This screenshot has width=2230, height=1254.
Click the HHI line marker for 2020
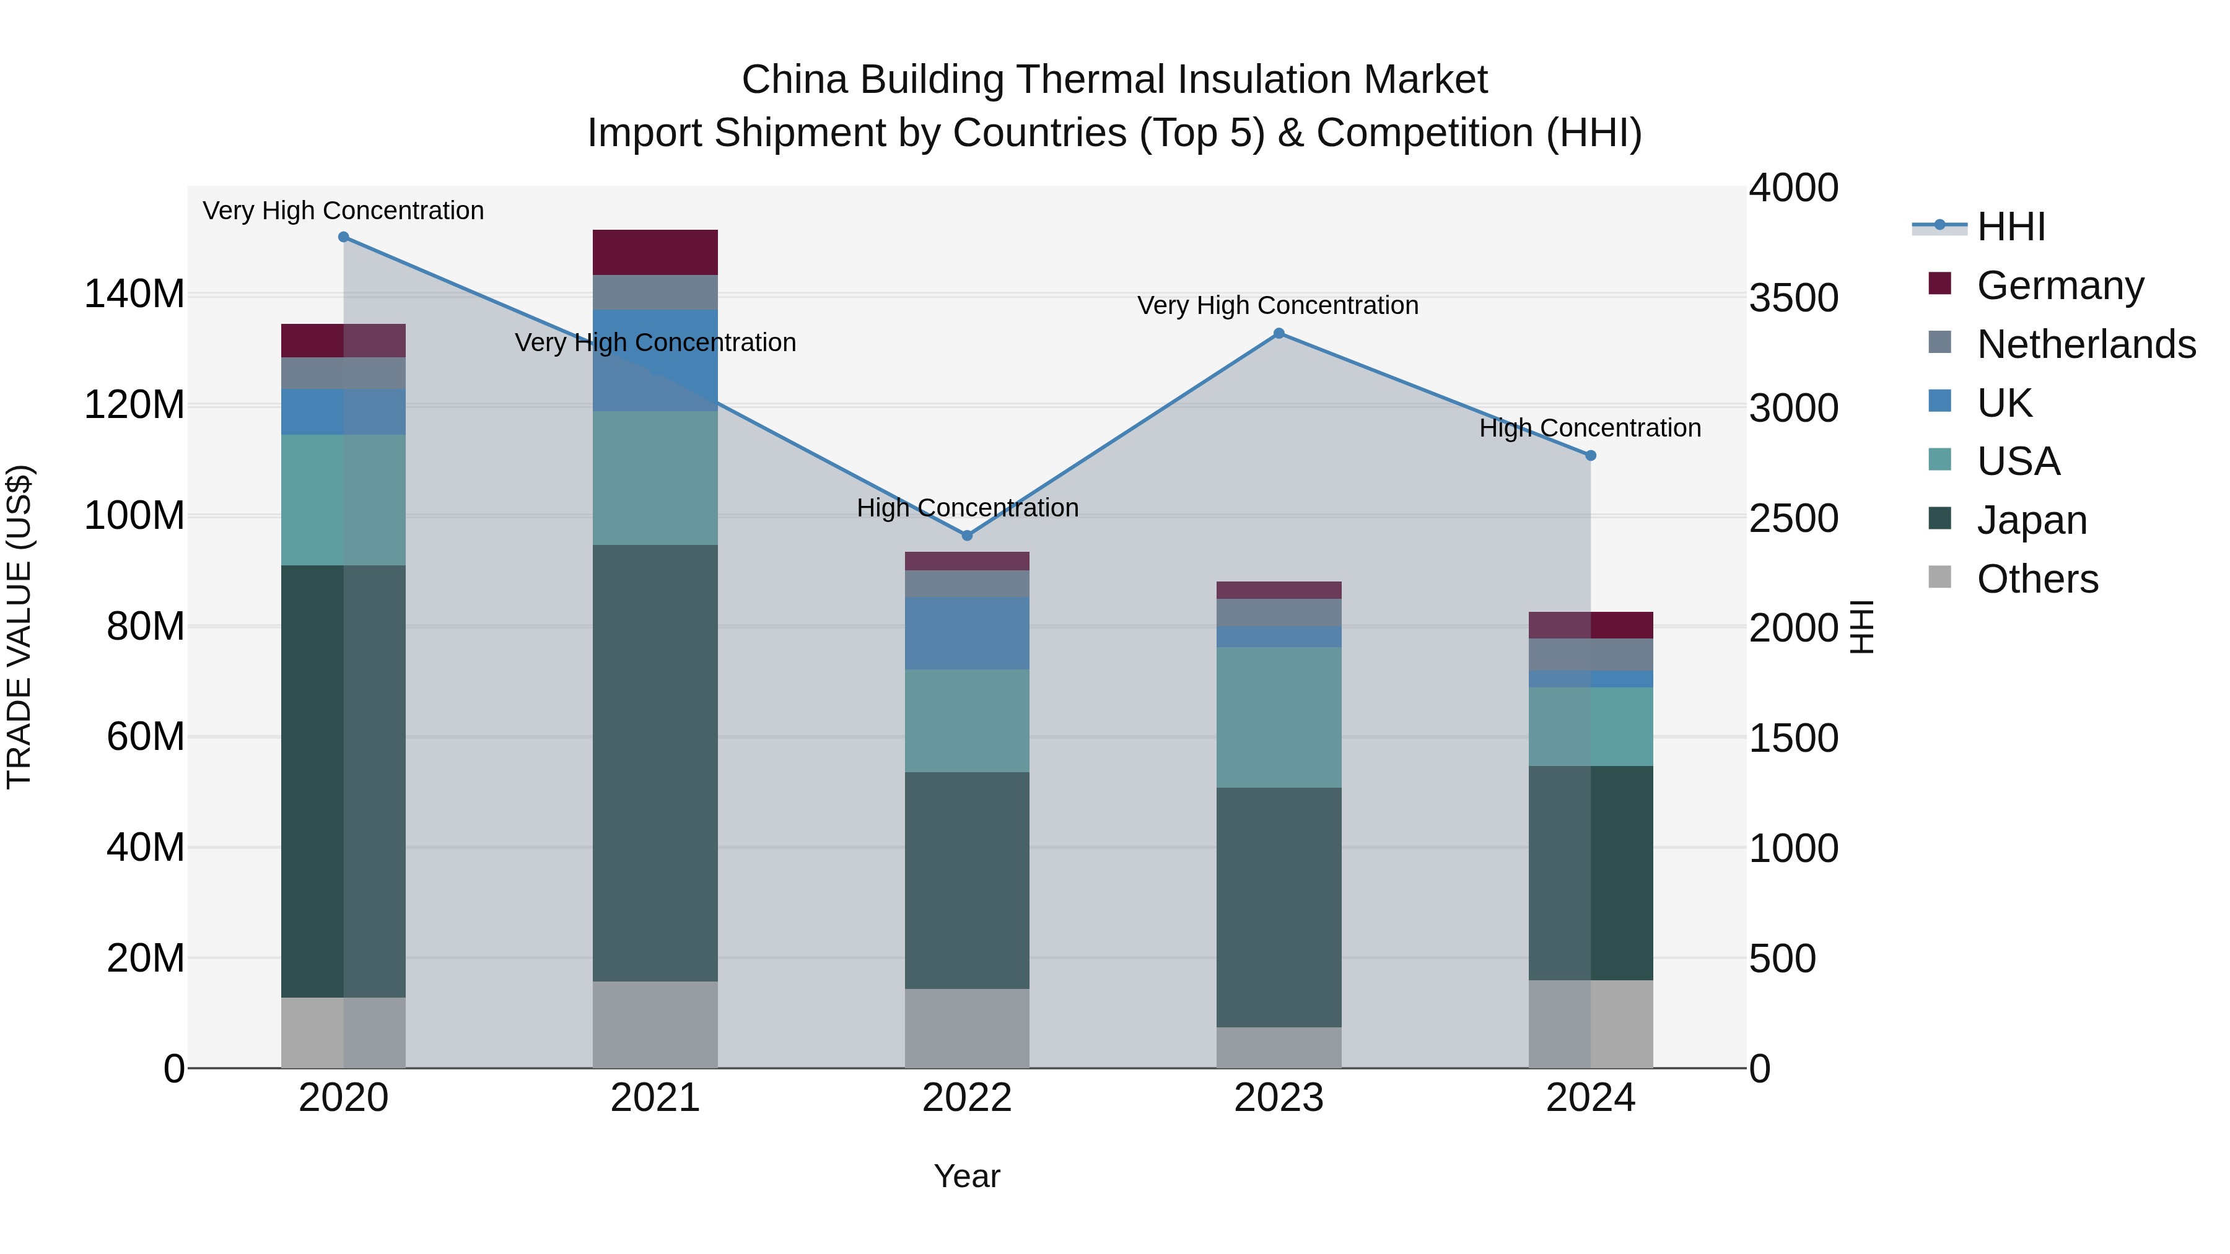click(344, 237)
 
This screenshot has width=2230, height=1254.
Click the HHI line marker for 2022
click(967, 536)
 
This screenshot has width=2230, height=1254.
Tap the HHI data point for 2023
click(1279, 333)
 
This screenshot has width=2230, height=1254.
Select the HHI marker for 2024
click(1590, 455)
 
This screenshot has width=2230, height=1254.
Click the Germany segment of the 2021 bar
click(655, 252)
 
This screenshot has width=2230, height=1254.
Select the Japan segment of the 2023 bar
click(1279, 907)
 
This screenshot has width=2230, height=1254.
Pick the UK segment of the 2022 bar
click(967, 633)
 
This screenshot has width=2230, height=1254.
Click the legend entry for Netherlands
click(2086, 344)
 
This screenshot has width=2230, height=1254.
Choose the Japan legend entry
click(2031, 520)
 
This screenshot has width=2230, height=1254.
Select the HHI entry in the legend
click(2010, 227)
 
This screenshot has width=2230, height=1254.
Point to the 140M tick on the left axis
click(134, 294)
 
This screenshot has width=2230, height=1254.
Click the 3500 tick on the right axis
click(1794, 298)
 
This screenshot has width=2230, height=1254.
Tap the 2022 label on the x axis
click(967, 1098)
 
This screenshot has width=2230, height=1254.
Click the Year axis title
click(967, 1176)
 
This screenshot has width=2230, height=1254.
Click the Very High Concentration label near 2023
click(1278, 305)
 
